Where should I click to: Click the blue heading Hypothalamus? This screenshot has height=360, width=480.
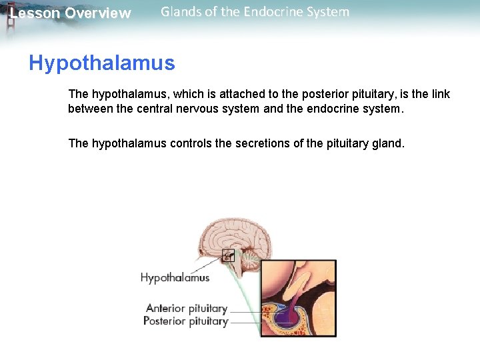(101, 63)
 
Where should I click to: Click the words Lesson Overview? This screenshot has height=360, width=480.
(71, 13)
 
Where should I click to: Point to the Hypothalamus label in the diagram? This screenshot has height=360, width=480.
(175, 278)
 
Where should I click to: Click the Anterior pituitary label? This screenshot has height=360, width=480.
(186, 309)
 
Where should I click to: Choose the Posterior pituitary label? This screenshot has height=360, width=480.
(185, 321)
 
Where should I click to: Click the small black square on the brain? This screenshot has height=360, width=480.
(228, 255)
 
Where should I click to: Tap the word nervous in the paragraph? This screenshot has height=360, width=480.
(200, 109)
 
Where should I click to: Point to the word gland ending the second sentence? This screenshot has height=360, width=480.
(388, 143)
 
